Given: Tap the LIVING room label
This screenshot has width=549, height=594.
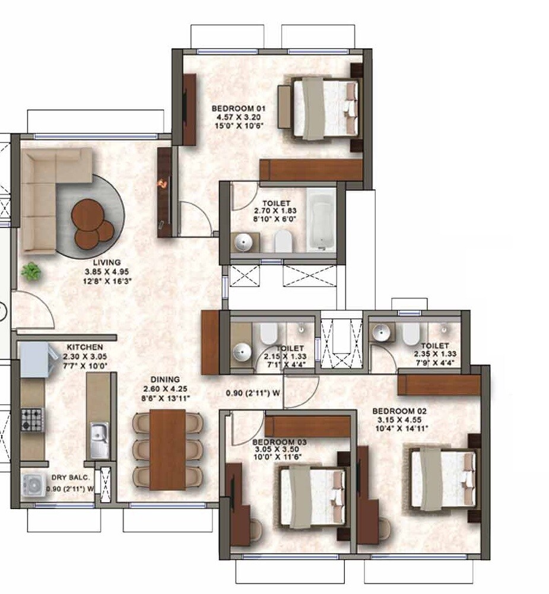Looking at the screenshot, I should pyautogui.click(x=106, y=262).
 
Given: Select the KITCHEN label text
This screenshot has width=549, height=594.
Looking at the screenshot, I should pyautogui.click(x=84, y=347).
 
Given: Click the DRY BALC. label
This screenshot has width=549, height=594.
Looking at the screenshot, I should pyautogui.click(x=70, y=478).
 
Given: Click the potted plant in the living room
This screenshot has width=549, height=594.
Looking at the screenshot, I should pyautogui.click(x=31, y=272).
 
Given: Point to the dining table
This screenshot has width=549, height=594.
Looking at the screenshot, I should pyautogui.click(x=167, y=449).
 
